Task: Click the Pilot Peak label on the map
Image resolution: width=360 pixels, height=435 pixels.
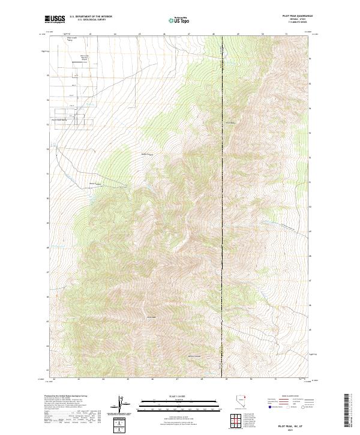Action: click(x=151, y=317)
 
